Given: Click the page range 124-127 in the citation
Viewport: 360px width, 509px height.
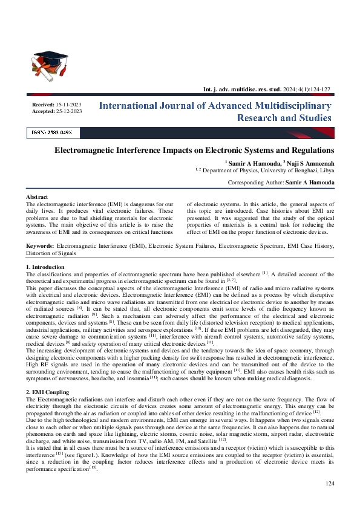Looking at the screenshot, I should pos(320,89).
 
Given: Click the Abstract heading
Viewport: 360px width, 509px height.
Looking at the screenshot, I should pos(37,197).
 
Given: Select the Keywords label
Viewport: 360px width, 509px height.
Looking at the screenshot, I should pos(41,246).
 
